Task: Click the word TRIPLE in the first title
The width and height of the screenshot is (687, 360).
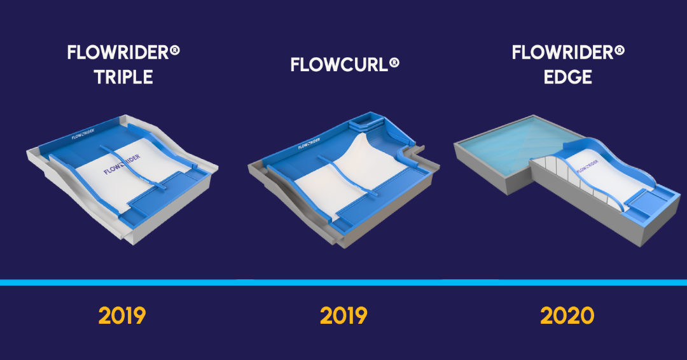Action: [123, 78]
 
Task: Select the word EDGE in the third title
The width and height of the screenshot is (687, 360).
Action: [568, 78]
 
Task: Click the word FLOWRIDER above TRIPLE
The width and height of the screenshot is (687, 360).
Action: [117, 53]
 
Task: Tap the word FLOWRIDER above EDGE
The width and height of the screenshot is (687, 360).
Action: [562, 53]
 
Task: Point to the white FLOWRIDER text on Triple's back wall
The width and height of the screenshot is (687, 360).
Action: [83, 135]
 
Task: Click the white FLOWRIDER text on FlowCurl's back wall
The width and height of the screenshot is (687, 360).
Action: [310, 145]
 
